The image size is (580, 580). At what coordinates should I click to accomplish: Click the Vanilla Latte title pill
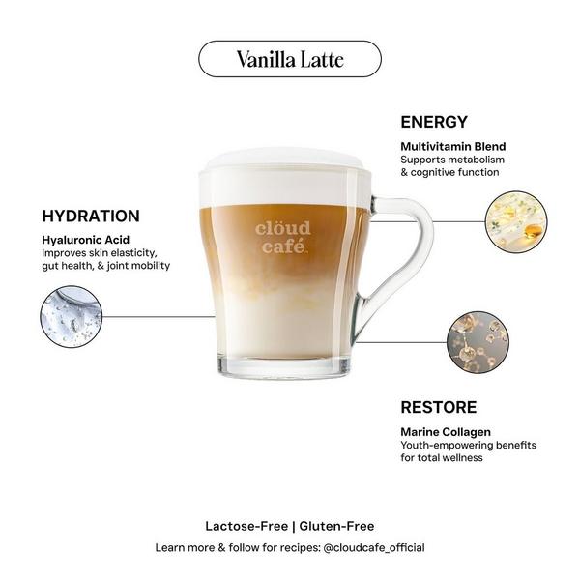click(289, 59)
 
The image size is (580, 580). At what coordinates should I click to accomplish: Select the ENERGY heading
click(434, 123)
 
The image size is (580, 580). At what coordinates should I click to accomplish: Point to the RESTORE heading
click(438, 407)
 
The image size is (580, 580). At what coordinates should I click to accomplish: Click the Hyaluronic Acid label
click(85, 239)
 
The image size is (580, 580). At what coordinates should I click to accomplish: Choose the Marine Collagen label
click(446, 431)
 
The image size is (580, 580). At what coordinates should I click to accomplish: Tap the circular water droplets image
click(71, 316)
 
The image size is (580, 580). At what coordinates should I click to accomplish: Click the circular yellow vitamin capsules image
click(515, 221)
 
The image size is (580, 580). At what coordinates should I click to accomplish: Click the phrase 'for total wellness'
click(442, 458)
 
